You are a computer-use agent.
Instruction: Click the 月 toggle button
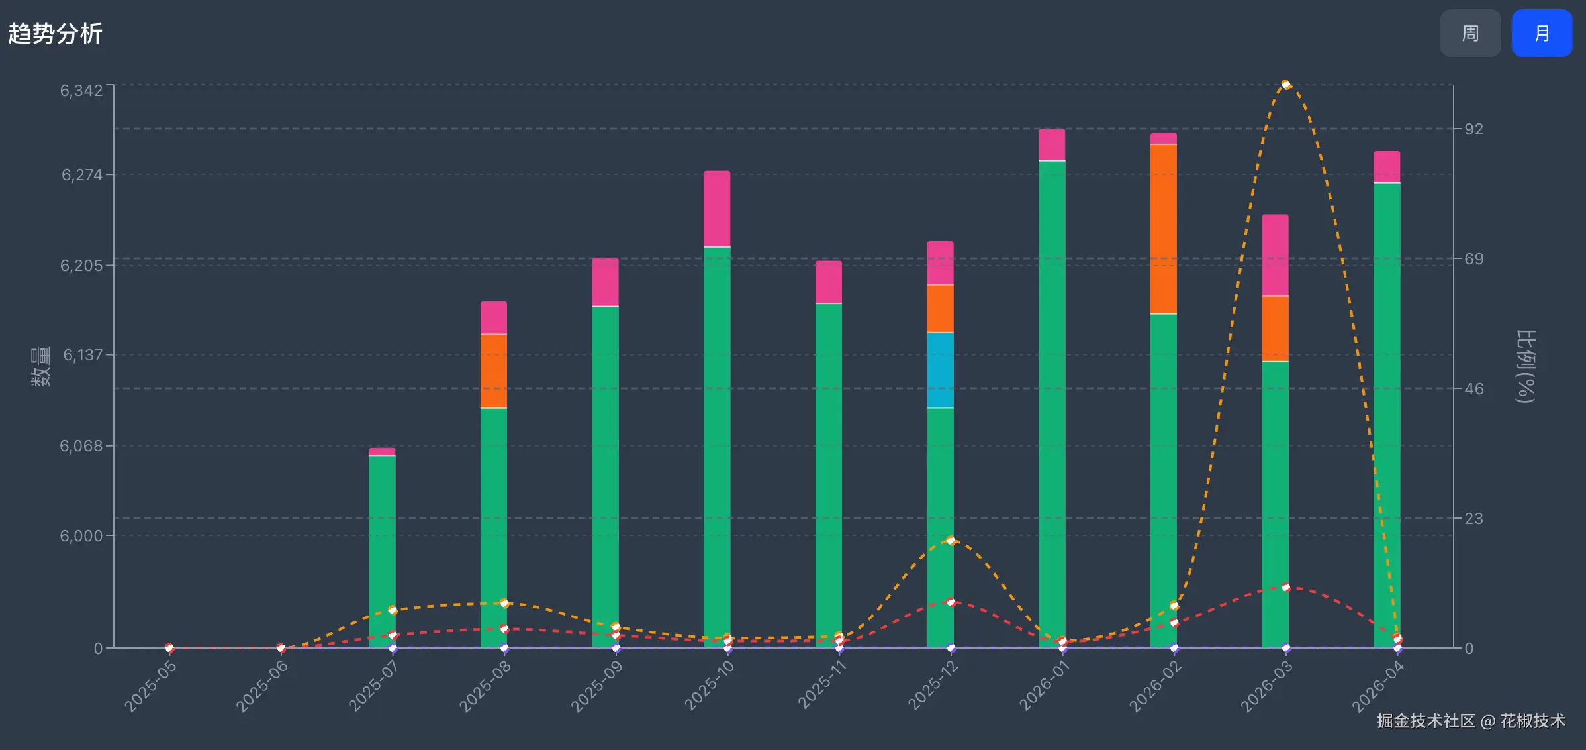(x=1541, y=33)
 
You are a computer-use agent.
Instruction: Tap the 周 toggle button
(x=1469, y=33)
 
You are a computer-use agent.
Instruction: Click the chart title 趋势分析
(x=56, y=34)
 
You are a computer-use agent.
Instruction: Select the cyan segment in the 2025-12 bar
(x=940, y=370)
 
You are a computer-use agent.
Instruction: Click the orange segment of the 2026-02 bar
(x=1163, y=229)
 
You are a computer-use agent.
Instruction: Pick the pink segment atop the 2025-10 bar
(x=717, y=209)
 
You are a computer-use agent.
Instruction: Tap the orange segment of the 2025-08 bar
(x=493, y=370)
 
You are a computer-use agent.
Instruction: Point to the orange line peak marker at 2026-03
(x=1285, y=85)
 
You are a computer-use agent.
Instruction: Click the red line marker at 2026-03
(x=1285, y=588)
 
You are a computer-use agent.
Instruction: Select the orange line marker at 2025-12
(x=951, y=541)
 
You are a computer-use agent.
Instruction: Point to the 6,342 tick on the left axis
(x=81, y=91)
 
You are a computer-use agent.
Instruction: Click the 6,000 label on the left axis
(x=81, y=535)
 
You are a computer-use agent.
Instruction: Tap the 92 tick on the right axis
(x=1473, y=129)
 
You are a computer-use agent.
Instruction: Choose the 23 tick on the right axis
(x=1473, y=518)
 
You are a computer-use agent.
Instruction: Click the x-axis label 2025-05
(x=151, y=686)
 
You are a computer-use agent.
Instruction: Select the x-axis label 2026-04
(x=1377, y=686)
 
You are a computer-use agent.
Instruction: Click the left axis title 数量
(x=41, y=366)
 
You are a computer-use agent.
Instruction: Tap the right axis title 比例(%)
(x=1526, y=366)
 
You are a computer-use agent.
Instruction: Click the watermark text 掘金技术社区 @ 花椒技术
(x=1471, y=721)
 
